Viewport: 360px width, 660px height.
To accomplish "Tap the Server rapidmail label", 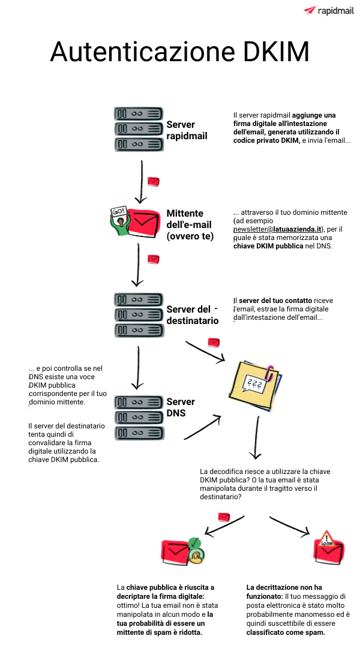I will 187,130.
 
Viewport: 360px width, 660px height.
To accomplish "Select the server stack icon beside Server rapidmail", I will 139,128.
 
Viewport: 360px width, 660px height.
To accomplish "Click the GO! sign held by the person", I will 118,211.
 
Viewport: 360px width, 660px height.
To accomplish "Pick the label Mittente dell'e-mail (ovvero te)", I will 190,224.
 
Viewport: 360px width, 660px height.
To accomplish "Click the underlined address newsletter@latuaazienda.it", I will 277,229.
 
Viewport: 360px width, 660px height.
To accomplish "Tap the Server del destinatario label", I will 193,315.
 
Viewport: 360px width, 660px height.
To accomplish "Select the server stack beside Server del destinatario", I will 139,315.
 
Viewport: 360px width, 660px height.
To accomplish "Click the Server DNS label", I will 181,407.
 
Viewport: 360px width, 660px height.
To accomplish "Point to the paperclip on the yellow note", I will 270,371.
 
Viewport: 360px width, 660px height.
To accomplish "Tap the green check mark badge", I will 194,544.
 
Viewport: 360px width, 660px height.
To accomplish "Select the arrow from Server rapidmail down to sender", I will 140,182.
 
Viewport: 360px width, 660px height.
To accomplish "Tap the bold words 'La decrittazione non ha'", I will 284,587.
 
